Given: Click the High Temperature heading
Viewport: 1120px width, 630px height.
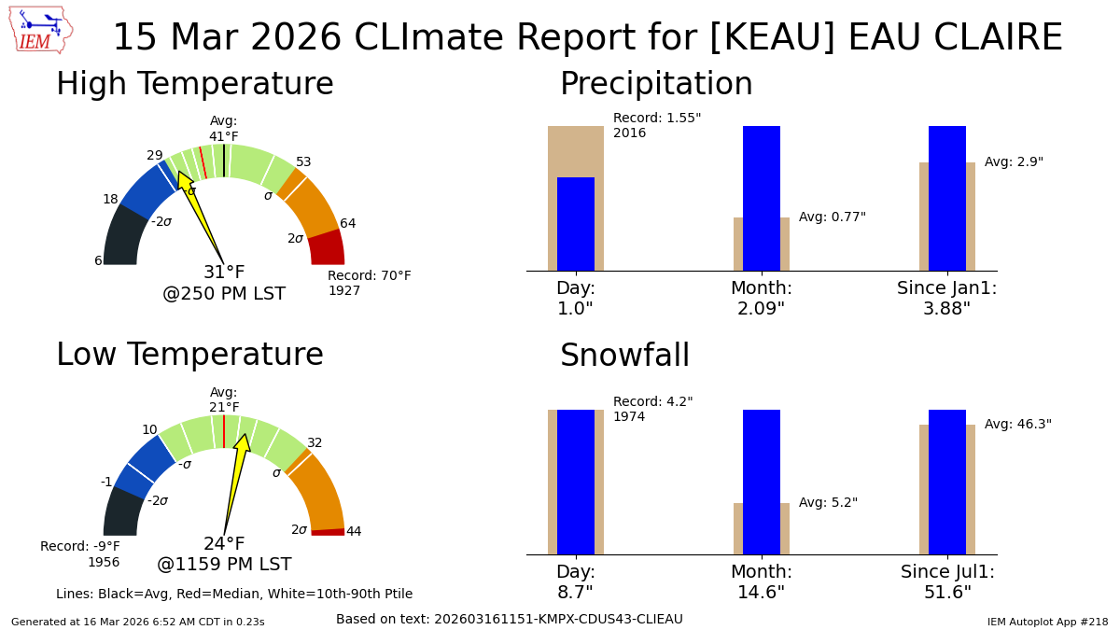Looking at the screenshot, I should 194,85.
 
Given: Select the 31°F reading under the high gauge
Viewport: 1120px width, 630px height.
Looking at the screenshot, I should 224,273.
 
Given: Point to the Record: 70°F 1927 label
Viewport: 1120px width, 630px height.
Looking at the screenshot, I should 369,283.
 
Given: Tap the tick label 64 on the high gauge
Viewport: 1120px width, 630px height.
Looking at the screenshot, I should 347,224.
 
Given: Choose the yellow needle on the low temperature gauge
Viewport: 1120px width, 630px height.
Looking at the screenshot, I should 234,481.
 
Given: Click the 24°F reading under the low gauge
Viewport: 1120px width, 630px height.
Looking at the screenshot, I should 224,544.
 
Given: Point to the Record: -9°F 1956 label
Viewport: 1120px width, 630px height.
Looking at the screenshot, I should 80,554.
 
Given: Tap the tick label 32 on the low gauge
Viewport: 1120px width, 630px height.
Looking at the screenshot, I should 315,443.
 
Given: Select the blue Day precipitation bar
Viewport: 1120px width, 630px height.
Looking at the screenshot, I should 575,224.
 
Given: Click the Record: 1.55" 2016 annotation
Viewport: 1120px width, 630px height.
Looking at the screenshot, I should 656,126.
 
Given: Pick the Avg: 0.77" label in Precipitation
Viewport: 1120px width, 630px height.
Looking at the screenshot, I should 832,217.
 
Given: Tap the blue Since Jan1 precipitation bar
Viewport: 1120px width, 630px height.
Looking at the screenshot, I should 946,198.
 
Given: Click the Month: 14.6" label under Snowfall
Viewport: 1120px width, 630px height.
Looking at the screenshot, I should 761,582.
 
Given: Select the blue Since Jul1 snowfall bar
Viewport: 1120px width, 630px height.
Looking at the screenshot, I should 946,482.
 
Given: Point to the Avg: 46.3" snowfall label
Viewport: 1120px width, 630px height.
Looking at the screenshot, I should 1017,425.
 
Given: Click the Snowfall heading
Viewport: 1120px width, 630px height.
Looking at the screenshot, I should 624,357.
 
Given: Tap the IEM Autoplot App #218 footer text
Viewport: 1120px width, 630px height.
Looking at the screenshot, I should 1047,622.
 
